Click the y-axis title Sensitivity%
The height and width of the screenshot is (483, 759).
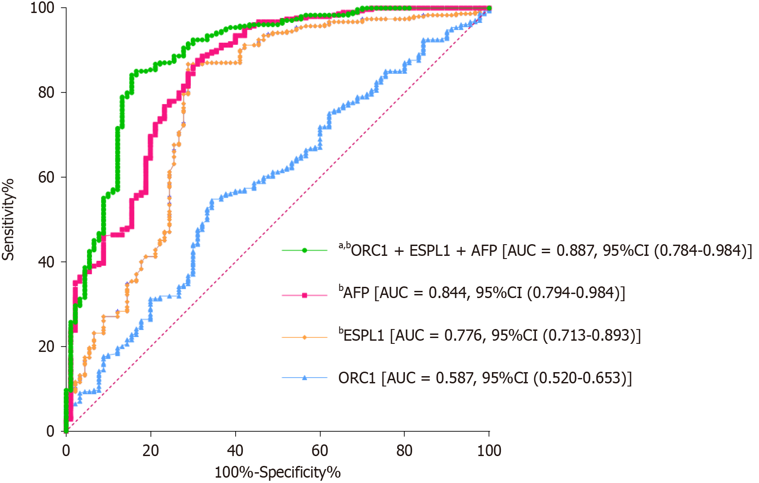pyautogui.click(x=8, y=220)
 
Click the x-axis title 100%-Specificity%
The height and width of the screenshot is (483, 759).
pyautogui.click(x=277, y=473)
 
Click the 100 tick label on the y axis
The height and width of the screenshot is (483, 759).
pyautogui.click(x=42, y=8)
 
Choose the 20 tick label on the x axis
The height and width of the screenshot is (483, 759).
pyautogui.click(x=151, y=450)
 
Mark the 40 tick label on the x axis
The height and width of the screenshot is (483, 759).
pyautogui.click(x=235, y=450)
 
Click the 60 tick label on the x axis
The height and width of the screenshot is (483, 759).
pyautogui.click(x=320, y=450)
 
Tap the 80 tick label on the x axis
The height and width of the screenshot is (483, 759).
pyautogui.click(x=404, y=450)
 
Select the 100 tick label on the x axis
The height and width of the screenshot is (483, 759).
pyautogui.click(x=489, y=450)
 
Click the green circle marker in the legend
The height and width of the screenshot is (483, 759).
pyautogui.click(x=305, y=250)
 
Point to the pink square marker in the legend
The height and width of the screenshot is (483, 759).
pyautogui.click(x=305, y=295)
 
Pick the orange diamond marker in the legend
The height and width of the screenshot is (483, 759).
pyautogui.click(x=305, y=337)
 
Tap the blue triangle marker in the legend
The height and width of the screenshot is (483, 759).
pyautogui.click(x=305, y=378)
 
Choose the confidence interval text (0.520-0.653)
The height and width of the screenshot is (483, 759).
pyautogui.click(x=582, y=378)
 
